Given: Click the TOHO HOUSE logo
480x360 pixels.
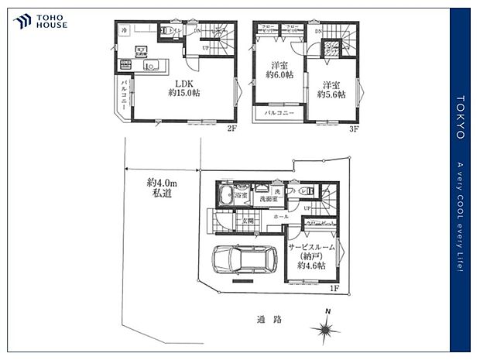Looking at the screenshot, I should [39, 21].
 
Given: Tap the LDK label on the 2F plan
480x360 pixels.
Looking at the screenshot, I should [183, 84].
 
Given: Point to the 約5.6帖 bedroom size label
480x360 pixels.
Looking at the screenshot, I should [332, 94].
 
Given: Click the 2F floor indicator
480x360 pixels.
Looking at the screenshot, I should [231, 129].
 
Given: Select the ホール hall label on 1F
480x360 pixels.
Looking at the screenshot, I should [281, 218].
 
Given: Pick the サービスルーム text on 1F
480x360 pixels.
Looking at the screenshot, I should [311, 247].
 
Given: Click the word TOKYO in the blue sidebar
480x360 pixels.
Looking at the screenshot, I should [461, 117].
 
